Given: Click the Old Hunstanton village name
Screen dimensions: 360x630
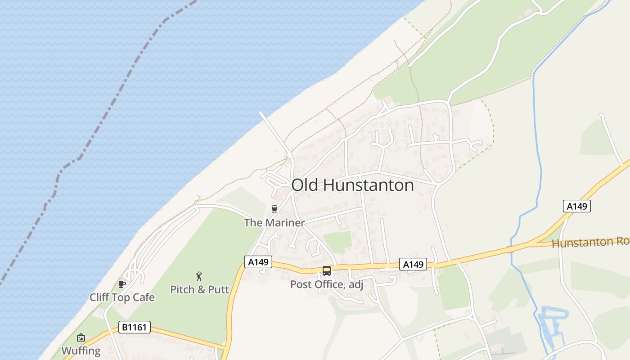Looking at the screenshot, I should (x=352, y=185).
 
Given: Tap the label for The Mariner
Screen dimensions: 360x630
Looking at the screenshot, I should (x=274, y=222).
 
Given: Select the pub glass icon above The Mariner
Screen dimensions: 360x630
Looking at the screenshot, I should (x=274, y=209).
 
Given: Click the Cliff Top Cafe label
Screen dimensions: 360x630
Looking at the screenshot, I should (x=122, y=297).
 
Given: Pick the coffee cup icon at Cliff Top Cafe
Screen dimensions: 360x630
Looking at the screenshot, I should (x=121, y=284).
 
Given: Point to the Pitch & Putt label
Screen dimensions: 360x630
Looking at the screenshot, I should (x=199, y=289).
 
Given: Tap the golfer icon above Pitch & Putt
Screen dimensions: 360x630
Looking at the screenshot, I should (x=199, y=276).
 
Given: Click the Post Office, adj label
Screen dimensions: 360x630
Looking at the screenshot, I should (x=326, y=284).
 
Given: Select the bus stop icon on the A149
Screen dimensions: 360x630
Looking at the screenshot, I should (x=327, y=271).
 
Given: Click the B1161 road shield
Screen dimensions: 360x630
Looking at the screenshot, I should (x=135, y=327).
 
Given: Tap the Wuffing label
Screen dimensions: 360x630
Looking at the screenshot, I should (x=81, y=351).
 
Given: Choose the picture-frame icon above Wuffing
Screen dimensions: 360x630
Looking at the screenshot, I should (x=81, y=337).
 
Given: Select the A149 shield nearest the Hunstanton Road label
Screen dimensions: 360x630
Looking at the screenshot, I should (x=576, y=206).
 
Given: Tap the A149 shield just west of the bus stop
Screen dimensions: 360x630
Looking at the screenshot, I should (x=258, y=262).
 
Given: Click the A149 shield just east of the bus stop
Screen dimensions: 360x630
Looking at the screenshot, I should (x=413, y=264).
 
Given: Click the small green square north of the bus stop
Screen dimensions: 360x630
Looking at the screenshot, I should (x=337, y=242).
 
